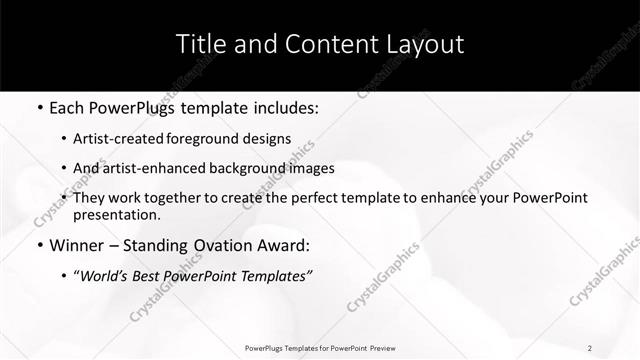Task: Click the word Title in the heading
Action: pyautogui.click(x=202, y=45)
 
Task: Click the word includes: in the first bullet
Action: pyautogui.click(x=283, y=107)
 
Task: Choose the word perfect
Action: pyautogui.click(x=332, y=198)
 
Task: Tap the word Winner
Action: pyautogui.click(x=74, y=245)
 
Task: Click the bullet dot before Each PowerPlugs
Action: pyautogui.click(x=38, y=107)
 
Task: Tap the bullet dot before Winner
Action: pyautogui.click(x=38, y=245)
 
